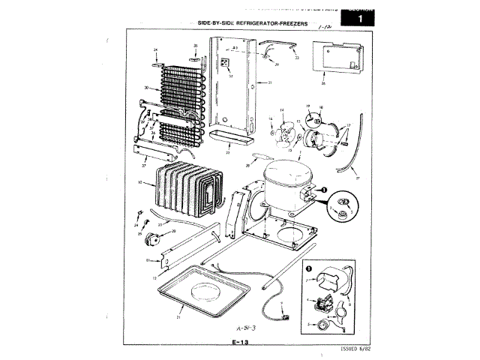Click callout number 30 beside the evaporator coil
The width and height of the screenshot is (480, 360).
click(146, 88)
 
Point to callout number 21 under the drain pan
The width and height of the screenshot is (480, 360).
click(179, 317)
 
